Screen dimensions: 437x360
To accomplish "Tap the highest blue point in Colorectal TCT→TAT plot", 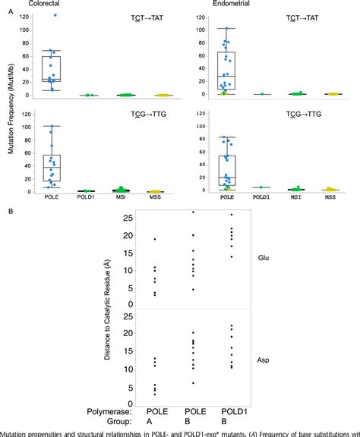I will click(x=54, y=15).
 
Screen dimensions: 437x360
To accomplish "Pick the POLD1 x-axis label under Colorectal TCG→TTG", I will click(x=90, y=200).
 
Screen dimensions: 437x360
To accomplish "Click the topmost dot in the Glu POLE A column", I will click(x=155, y=240).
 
